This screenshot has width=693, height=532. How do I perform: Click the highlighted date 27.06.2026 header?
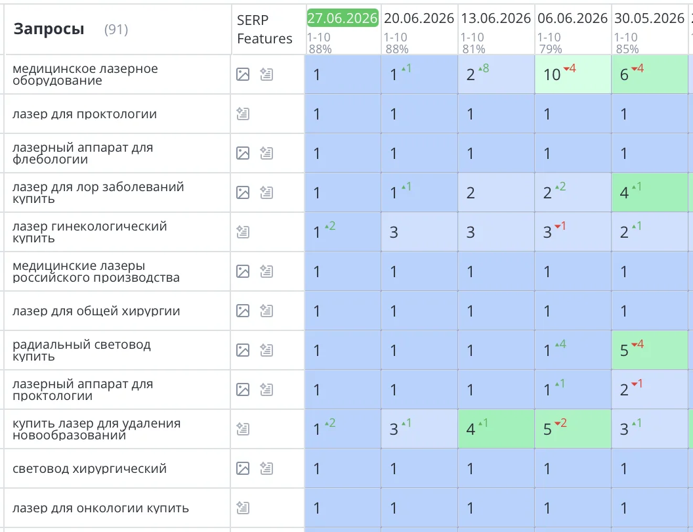pos(343,18)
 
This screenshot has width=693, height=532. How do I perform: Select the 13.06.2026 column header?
pos(496,18)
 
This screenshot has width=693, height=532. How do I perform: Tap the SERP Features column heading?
pos(264,29)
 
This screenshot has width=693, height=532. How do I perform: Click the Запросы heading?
pos(49,29)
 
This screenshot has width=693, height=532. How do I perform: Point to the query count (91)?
pos(115,30)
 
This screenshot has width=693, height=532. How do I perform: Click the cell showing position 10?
pos(573,74)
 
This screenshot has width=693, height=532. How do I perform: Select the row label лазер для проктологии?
pos(85,114)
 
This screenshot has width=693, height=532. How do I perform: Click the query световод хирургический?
pos(89,468)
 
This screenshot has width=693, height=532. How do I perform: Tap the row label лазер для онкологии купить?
pos(100,508)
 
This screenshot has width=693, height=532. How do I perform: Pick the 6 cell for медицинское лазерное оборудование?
pos(650,74)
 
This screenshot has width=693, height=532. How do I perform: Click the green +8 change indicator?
pos(484,68)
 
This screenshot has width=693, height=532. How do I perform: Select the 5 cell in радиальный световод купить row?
pos(650,350)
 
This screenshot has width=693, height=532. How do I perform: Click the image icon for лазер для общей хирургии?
pos(243,311)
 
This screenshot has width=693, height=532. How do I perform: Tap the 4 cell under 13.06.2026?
pos(496,429)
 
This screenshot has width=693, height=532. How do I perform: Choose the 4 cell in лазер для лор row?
pos(650,192)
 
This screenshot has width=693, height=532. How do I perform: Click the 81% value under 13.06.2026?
pos(474,49)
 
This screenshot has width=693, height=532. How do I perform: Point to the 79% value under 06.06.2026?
pos(550,49)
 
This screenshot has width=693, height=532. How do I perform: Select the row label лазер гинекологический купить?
pos(90,232)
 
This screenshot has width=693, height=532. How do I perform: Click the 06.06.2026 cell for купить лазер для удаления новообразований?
pos(573,429)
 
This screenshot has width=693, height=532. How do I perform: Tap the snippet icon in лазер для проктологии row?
pos(243,114)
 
